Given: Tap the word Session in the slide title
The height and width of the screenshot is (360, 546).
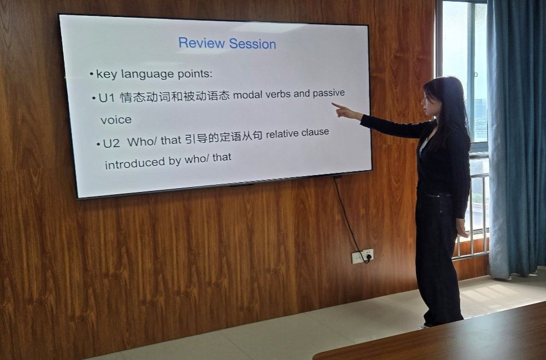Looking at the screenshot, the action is tap(252, 44).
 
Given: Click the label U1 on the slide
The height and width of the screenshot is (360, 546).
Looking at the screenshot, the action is tap(107, 98).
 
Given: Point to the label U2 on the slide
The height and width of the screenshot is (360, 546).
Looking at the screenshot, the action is tap(112, 143).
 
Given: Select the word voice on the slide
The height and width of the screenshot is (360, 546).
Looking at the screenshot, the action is tap(116, 120).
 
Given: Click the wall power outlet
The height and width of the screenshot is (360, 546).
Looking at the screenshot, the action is tap(362, 256).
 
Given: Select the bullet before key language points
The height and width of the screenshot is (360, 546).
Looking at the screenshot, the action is tap(91, 74).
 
